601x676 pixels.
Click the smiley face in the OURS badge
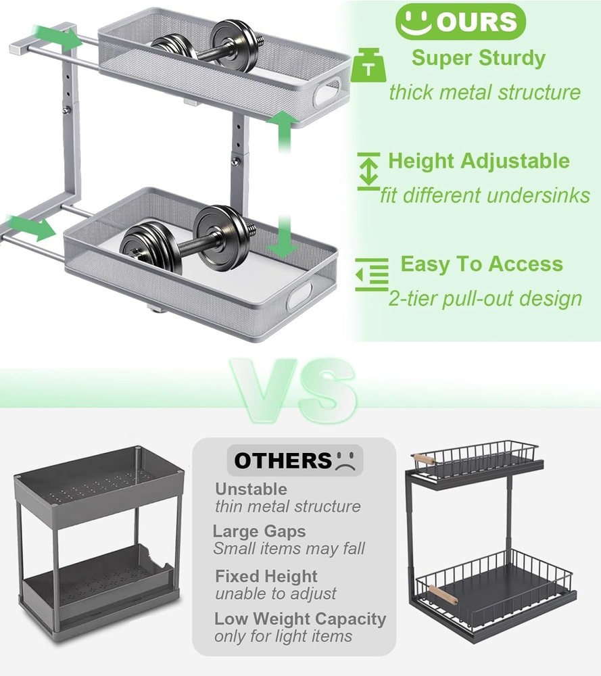click(x=415, y=22)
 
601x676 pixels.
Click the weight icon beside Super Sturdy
click(x=368, y=66)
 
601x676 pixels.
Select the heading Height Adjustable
click(x=479, y=162)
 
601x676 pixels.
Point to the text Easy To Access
click(x=481, y=264)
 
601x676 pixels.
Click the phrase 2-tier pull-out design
click(x=485, y=298)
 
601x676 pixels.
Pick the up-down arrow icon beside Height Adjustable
click(x=368, y=170)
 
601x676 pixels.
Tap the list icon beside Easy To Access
click(x=372, y=274)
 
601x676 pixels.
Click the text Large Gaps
click(x=259, y=531)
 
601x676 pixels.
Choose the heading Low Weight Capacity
click(x=300, y=619)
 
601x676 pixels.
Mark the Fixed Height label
click(x=266, y=577)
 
